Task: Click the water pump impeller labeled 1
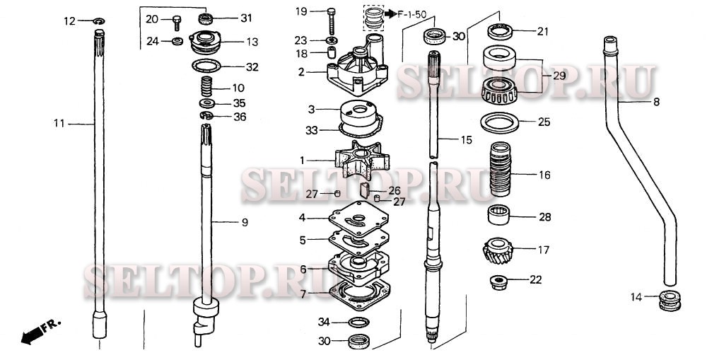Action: click(362, 160)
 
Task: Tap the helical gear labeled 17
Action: click(498, 252)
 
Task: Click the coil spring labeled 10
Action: click(206, 86)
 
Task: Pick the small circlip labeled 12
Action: click(99, 21)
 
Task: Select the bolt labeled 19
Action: click(332, 21)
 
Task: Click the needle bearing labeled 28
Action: click(498, 214)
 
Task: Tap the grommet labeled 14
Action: click(670, 301)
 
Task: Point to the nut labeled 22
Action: click(498, 282)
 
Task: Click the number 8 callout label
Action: click(656, 103)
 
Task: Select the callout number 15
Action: click(466, 140)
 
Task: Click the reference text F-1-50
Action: click(411, 14)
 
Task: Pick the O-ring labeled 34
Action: click(358, 322)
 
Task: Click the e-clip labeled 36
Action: click(206, 115)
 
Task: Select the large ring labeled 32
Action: click(206, 66)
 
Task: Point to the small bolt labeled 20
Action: click(177, 23)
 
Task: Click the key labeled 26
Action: click(366, 190)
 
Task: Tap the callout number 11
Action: click(59, 123)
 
